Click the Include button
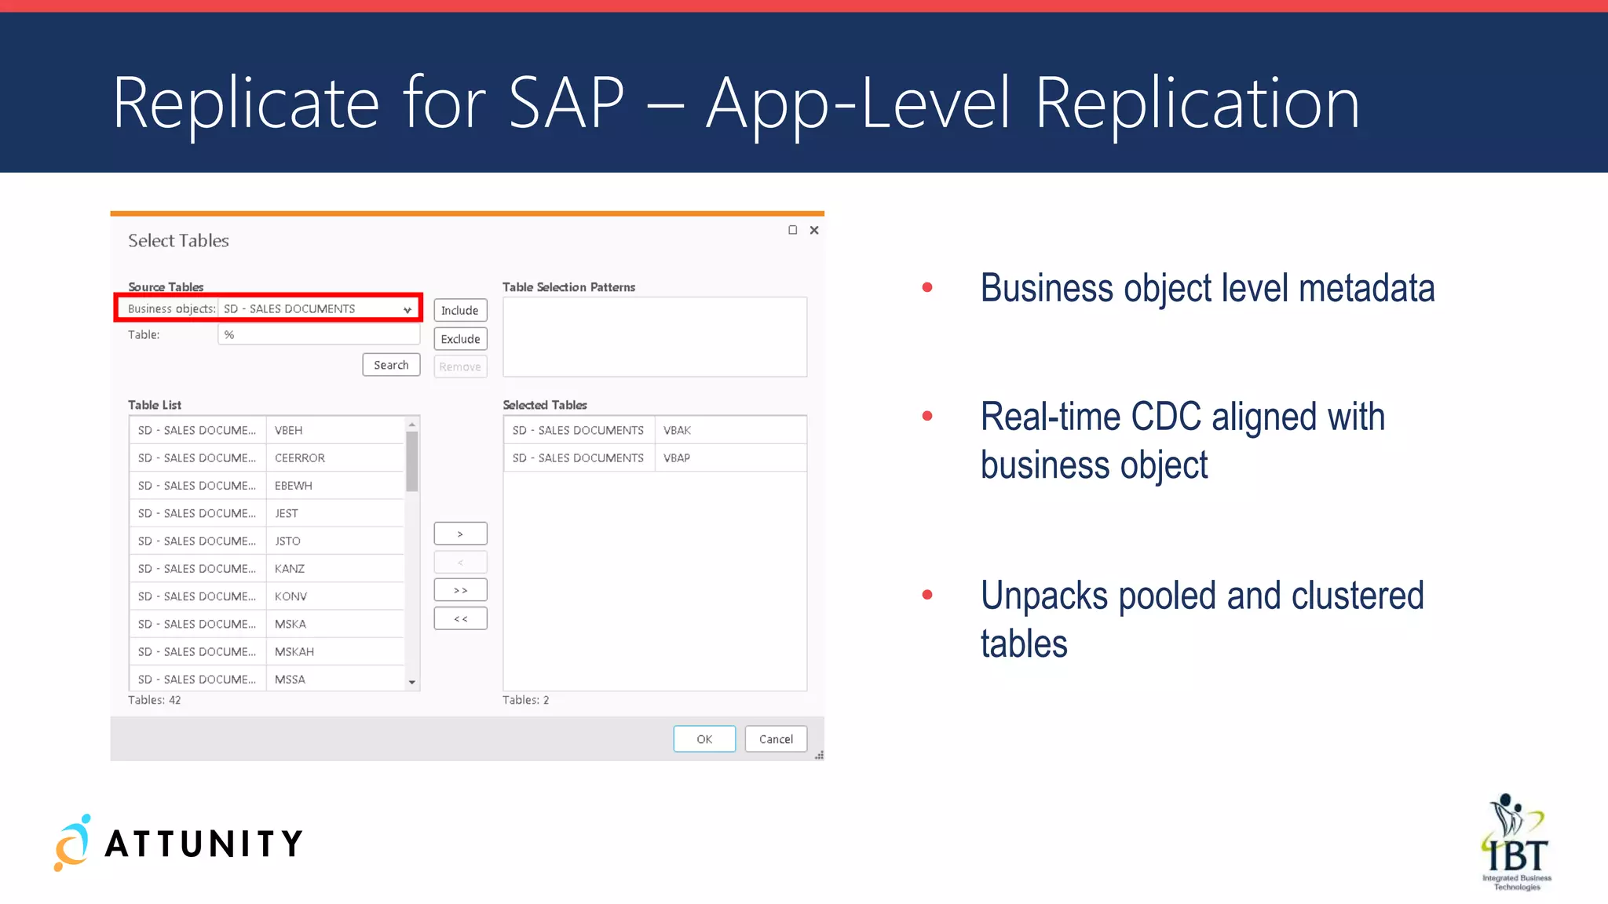460,311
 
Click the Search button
391,365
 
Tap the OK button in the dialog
704,739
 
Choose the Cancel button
776,739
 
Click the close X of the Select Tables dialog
814,230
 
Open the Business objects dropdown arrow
407,310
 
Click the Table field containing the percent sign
318,335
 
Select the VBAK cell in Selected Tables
677,430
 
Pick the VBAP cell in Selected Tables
677,458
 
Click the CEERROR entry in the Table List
300,458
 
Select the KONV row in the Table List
291,596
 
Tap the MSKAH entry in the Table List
294,652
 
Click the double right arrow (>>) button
460,590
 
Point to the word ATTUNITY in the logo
204,844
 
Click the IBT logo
1516,844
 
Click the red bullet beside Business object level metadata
927,287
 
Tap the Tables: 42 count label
155,700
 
